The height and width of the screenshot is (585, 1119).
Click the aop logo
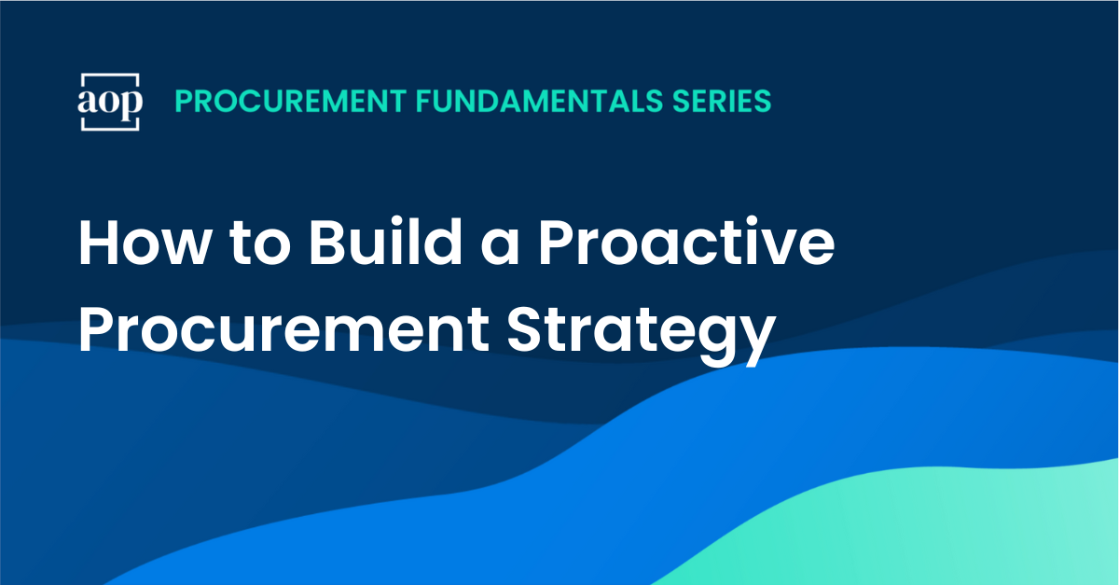click(110, 102)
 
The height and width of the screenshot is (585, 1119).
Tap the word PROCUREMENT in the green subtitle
click(291, 101)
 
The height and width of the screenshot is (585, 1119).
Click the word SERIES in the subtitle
click(722, 101)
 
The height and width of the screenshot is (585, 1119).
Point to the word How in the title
click(145, 242)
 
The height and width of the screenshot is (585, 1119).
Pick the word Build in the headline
click(385, 241)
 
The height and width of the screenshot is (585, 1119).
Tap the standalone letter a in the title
click(500, 247)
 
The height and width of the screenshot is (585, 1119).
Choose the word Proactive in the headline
click(686, 241)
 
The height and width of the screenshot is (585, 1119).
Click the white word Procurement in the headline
click(283, 330)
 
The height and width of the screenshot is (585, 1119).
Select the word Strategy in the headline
click(642, 336)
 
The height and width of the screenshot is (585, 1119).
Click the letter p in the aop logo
click(131, 104)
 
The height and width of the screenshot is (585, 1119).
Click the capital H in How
click(98, 242)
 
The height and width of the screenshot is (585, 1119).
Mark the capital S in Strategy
click(526, 329)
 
